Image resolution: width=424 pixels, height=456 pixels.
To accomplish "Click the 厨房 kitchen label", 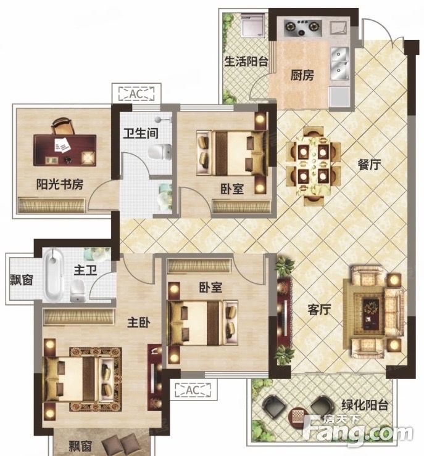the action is point(302,75).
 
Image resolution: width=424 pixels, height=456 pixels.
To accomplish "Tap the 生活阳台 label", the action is point(246,61).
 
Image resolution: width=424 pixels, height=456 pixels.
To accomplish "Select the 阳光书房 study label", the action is point(60,184).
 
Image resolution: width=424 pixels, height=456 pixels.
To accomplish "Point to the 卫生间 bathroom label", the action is point(141,134).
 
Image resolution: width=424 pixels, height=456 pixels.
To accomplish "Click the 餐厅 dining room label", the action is point(369,165).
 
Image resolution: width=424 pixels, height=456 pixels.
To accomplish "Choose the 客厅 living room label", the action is point(319,309).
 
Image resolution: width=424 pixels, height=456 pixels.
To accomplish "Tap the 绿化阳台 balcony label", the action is point(365,405).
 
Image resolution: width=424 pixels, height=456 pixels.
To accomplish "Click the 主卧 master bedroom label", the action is point(139,322).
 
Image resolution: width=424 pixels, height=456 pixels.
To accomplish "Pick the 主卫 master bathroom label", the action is point(85,270).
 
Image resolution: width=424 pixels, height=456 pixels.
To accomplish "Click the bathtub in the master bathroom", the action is point(54,275).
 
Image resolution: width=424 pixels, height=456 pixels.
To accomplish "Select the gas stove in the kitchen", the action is point(303,28).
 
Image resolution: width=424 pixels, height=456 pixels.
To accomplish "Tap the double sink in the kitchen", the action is point(339,63).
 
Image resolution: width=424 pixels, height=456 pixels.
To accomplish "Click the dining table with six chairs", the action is point(314,166).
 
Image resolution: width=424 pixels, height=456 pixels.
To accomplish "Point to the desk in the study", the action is point(65,150).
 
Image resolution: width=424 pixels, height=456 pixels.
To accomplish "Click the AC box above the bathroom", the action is point(136,94).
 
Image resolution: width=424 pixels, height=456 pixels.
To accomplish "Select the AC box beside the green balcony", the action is point(193,390).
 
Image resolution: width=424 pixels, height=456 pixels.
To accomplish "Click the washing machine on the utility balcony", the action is point(253,26).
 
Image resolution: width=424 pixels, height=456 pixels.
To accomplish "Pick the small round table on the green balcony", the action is point(297,416).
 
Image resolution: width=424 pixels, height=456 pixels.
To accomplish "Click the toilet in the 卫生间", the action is point(160,152).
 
